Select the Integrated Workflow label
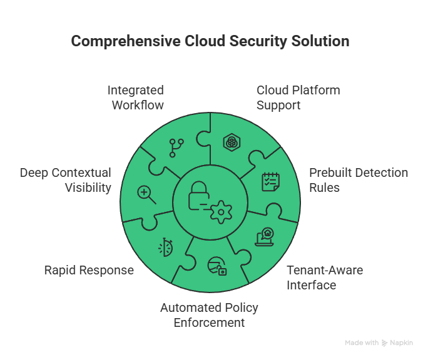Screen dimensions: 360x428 tap(136, 97)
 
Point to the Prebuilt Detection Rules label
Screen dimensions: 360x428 tap(359, 179)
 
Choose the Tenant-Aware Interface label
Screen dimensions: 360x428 tap(325, 277)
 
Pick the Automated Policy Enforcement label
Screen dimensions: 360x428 tap(209, 315)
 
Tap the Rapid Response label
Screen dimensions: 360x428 tap(89, 270)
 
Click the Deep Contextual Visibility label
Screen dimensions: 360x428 tap(66, 179)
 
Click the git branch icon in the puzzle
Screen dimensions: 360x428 tap(176, 147)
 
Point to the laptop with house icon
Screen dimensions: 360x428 tap(265, 237)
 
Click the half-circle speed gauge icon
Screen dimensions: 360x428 tap(165, 247)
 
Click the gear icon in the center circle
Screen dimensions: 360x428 tap(220, 213)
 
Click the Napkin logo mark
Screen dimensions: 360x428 tap(384, 343)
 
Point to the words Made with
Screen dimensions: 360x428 tap(361, 343)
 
